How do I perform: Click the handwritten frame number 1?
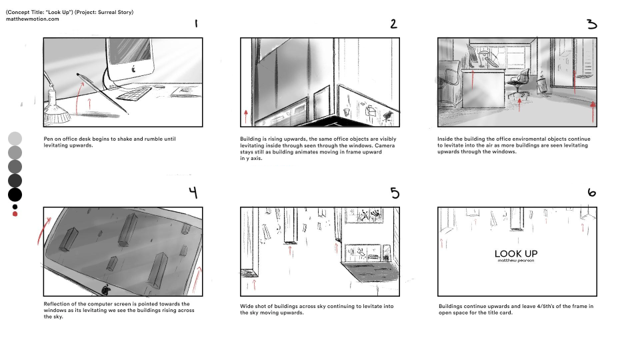point(196,23)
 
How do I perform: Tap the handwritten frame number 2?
point(393,23)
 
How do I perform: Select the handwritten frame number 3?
point(591,24)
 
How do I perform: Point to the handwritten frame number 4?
point(193,193)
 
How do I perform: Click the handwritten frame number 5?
point(395,193)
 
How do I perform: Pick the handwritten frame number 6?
point(591,193)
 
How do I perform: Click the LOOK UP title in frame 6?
point(516,253)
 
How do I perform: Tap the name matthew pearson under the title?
point(516,261)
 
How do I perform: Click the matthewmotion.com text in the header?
point(33,19)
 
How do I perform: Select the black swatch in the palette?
point(15,195)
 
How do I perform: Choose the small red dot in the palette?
point(15,214)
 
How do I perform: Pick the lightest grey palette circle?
point(15,138)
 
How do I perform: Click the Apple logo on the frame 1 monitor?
point(133,68)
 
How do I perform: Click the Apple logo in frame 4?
point(106,289)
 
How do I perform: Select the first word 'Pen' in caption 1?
point(48,139)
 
